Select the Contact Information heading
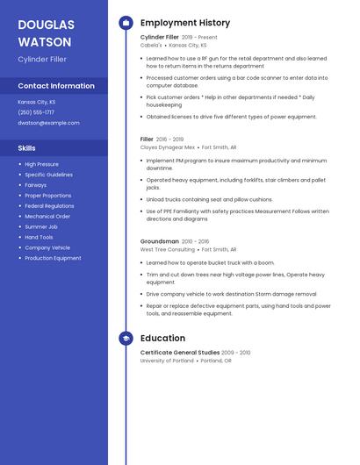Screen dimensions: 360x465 pos(56,86)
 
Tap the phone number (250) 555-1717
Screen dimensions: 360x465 pos(36,112)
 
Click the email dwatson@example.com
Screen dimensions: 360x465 pos(48,123)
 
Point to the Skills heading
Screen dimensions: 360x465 pos(27,148)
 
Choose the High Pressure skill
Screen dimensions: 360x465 pos(41,164)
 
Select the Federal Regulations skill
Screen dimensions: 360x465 pos(49,205)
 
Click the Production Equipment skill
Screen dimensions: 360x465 pos(53,258)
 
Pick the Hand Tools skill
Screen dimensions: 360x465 pos(39,237)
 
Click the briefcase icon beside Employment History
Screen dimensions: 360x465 pos(126,23)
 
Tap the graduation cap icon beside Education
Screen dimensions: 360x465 pos(126,338)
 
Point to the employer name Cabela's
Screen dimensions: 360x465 pos(151,45)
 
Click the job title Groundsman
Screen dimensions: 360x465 pos(160,241)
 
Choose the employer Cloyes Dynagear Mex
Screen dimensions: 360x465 pos(168,147)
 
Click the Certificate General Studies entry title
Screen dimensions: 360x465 pos(179,353)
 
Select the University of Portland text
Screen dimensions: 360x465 pos(167,361)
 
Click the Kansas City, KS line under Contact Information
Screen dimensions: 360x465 pos(37,102)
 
